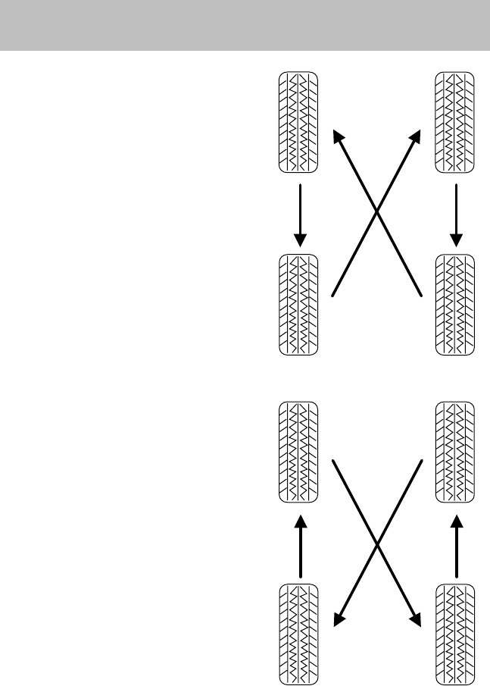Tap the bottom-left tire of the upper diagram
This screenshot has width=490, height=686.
point(299,304)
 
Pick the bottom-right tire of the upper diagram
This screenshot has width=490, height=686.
point(455,304)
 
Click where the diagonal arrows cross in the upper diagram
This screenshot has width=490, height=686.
point(377,212)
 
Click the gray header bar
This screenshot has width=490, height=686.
point(245,25)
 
